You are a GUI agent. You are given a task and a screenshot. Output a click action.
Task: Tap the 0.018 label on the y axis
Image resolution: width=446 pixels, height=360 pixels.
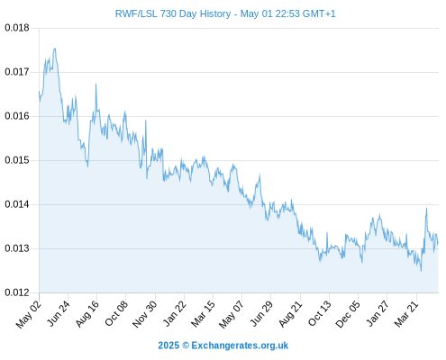tap(17, 28)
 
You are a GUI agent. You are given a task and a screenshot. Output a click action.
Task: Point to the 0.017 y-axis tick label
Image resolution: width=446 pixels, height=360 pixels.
tap(17, 72)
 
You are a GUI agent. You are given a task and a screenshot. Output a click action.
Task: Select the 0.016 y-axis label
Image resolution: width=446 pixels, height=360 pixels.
tap(17, 116)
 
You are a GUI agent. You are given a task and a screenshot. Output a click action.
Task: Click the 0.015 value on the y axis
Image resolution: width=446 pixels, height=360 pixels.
tap(17, 160)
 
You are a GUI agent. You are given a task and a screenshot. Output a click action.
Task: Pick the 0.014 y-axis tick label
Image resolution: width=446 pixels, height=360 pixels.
tap(17, 204)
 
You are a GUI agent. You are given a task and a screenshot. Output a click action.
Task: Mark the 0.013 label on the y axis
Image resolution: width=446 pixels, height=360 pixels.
tap(17, 248)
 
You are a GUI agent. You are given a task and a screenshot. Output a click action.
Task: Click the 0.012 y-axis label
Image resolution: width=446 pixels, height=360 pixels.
tap(17, 292)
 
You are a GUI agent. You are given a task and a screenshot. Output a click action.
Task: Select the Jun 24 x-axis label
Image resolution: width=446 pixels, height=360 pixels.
tap(59, 313)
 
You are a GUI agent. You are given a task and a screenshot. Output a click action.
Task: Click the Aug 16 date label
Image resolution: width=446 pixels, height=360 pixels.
tap(86, 313)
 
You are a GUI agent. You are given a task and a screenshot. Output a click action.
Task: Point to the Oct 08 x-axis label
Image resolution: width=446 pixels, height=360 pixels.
tap(116, 313)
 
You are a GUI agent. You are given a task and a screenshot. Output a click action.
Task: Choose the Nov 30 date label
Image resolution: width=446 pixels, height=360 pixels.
tap(144, 313)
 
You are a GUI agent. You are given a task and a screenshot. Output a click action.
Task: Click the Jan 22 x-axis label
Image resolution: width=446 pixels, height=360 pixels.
tap(174, 313)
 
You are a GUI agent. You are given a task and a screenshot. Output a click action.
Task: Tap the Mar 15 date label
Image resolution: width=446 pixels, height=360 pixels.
tap(203, 313)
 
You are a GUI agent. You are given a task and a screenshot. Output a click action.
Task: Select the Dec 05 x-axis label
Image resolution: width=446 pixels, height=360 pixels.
tap(347, 313)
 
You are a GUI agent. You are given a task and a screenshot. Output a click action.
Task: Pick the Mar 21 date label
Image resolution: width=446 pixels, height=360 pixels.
tap(406, 313)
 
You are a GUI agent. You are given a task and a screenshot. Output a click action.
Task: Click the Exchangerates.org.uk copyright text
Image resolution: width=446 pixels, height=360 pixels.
tap(223, 346)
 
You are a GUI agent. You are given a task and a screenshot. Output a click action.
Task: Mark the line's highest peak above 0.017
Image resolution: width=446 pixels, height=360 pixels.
tap(55, 49)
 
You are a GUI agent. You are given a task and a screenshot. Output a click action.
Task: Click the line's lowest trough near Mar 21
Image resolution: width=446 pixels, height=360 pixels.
tap(421, 271)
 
